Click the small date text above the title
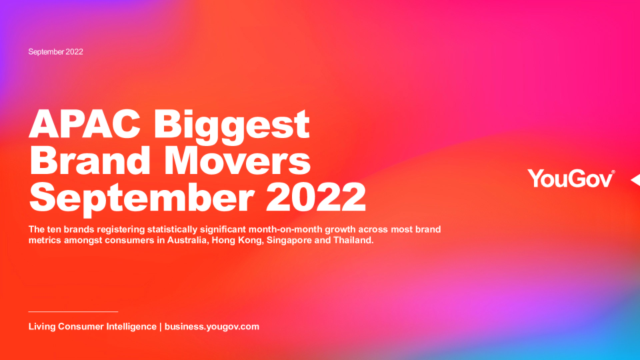[x=55, y=52]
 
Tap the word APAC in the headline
[x=85, y=124]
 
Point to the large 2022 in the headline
[x=316, y=197]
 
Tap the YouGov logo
[x=571, y=179]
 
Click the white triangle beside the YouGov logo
[x=636, y=179]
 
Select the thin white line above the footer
[x=73, y=311]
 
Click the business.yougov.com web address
[x=212, y=327]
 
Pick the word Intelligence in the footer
[x=131, y=327]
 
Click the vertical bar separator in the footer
[x=161, y=327]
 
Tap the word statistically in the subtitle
[x=172, y=229]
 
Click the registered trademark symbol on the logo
[x=613, y=172]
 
